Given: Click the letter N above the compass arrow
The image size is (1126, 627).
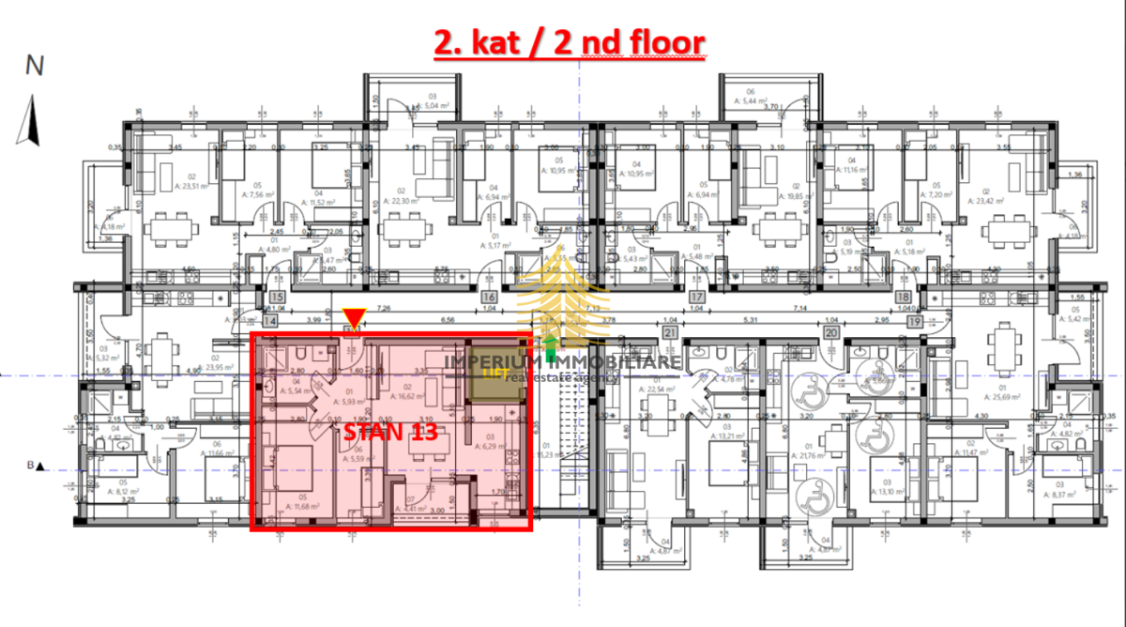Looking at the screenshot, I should pyautogui.click(x=35, y=66).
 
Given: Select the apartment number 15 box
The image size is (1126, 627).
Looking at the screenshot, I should pyautogui.click(x=277, y=300).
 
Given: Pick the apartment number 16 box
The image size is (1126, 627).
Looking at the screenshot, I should pyautogui.click(x=488, y=300).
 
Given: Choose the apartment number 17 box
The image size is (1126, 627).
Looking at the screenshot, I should pyautogui.click(x=696, y=300).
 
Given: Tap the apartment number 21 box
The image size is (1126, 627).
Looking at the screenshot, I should pyautogui.click(x=669, y=332).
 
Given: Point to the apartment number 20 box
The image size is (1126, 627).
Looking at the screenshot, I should pyautogui.click(x=830, y=332).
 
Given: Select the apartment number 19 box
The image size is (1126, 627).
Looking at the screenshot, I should pyautogui.click(x=941, y=321).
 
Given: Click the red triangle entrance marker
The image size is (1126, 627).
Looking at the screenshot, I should pyautogui.click(x=354, y=317).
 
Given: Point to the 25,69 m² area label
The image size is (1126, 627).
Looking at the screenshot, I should pyautogui.click(x=1003, y=396).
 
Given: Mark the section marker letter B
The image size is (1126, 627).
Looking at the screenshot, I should pyautogui.click(x=30, y=466).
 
